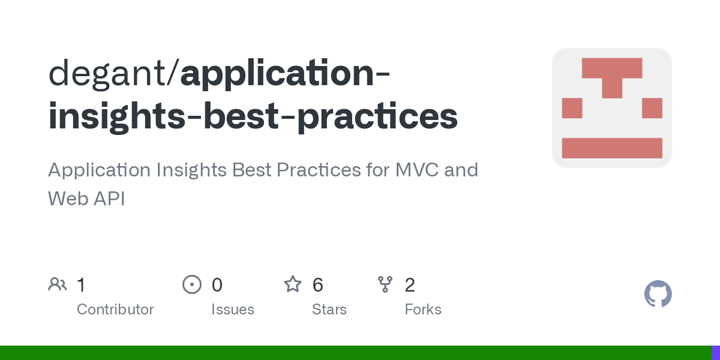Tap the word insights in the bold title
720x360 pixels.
[116, 116]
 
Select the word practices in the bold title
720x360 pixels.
[377, 116]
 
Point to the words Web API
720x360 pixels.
[86, 199]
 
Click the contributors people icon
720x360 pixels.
[58, 284]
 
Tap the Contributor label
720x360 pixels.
[115, 310]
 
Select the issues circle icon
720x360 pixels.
[191, 284]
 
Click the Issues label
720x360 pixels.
[233, 310]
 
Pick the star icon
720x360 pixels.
[293, 284]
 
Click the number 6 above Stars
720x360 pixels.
[318, 285]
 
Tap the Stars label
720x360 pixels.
[329, 310]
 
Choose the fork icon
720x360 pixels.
[385, 284]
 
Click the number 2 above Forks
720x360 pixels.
[410, 285]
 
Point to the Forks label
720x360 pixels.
[423, 310]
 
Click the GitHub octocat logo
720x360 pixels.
[658, 294]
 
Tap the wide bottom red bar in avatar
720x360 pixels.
[612, 148]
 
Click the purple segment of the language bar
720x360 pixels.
[716, 353]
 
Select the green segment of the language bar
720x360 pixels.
[354, 353]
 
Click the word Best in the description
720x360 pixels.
[251, 170]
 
